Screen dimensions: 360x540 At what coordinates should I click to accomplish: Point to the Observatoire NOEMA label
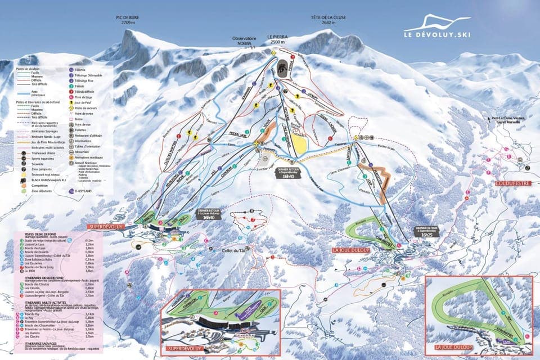(x=247, y=41)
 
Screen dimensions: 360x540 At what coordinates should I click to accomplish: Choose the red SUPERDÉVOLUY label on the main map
(x=109, y=226)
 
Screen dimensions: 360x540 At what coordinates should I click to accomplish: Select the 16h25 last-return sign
(x=426, y=231)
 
